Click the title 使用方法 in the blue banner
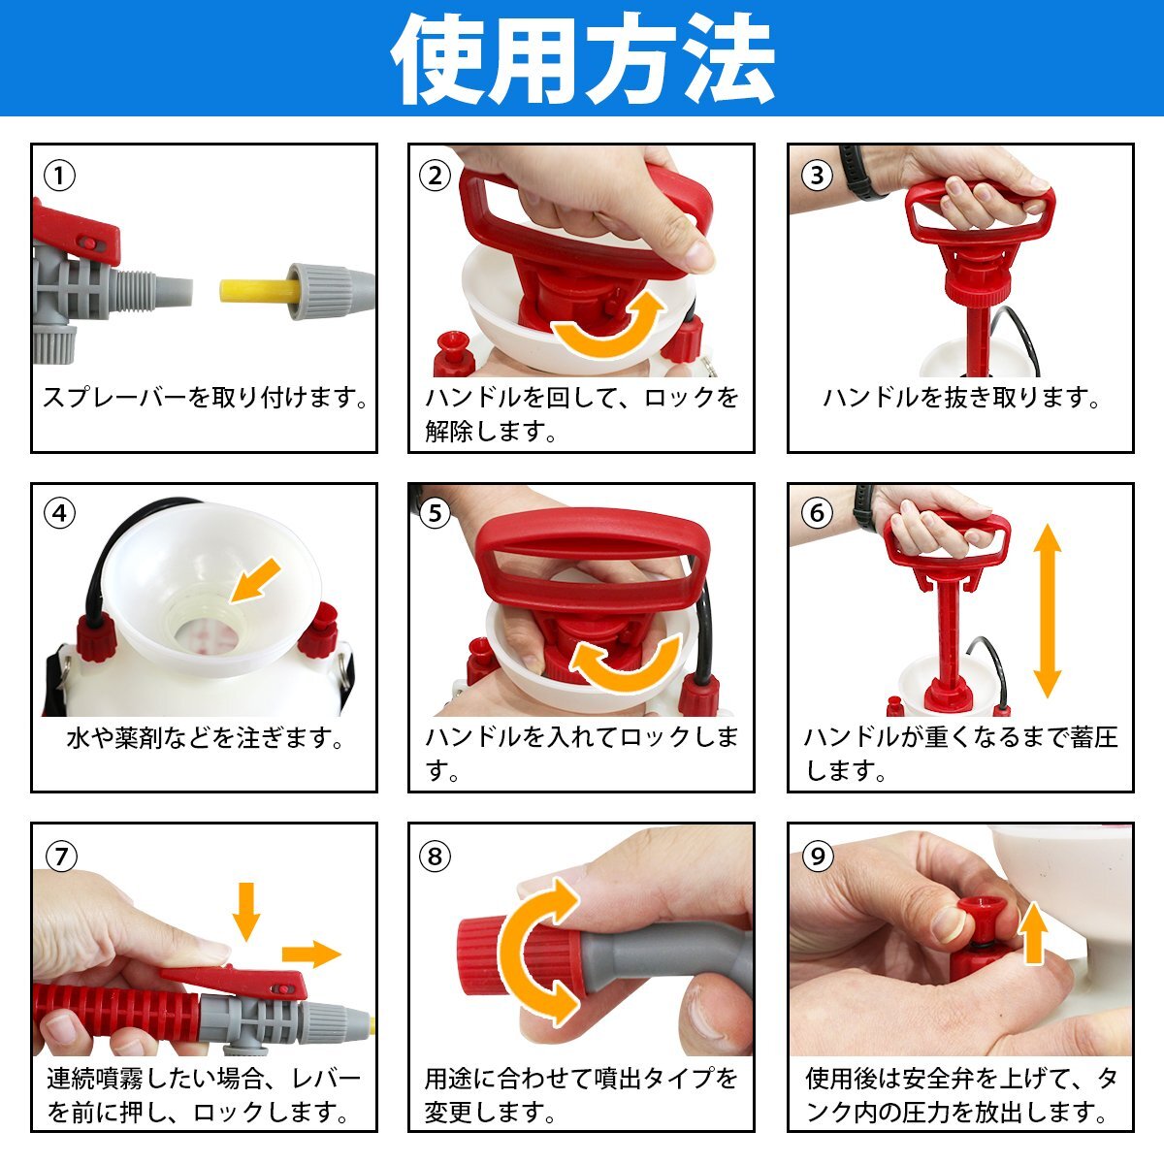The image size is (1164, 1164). point(583,58)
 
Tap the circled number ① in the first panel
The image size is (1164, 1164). point(59,177)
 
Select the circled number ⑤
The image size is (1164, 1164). point(435,513)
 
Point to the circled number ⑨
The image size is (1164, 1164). point(818,856)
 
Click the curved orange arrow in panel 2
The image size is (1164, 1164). point(609,325)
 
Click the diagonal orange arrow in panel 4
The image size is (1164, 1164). point(255,580)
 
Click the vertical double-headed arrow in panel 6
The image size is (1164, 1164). point(1047,611)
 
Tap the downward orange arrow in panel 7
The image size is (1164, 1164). point(245,911)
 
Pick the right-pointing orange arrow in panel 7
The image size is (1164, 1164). point(311,954)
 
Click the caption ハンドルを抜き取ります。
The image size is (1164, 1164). point(960,398)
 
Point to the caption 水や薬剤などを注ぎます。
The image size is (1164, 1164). point(204,737)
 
